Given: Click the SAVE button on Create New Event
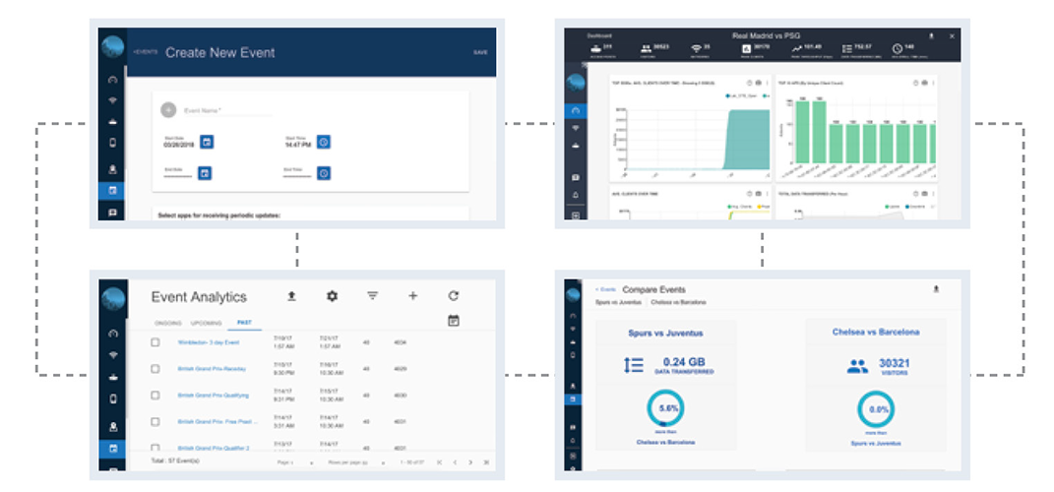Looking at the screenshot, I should pos(480,52).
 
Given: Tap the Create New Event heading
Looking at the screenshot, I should pos(219,52).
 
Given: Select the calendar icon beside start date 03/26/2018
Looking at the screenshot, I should pos(207,142).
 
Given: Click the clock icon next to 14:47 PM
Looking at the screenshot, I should pos(323,142).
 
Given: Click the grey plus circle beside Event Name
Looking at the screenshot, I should pos(167,110).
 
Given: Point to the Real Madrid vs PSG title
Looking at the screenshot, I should pos(765,35).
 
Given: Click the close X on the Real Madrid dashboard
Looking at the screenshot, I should pos(952,35).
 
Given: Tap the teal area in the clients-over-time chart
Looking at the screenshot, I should pos(743,138).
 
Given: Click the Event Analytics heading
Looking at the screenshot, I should pos(199,296).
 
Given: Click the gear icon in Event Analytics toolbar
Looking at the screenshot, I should pos(332,295).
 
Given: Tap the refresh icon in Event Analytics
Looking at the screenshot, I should pos(453,295).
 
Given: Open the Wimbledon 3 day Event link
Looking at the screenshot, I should pos(209,342).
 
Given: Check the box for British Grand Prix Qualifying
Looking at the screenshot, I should pos(155,395).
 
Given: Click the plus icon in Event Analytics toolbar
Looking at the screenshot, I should pos(412,295).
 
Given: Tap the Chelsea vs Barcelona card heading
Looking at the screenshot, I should pos(875,332).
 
